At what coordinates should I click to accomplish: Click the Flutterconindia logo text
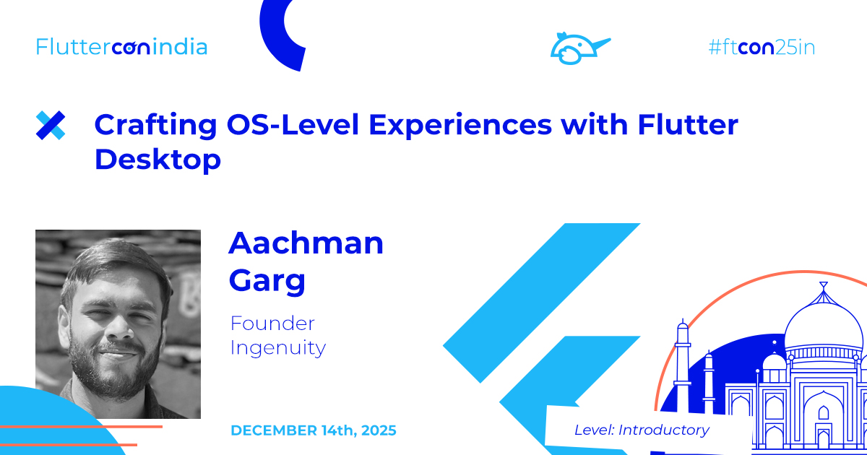point(121,48)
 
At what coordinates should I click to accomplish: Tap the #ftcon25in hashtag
point(762,48)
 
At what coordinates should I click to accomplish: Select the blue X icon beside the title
point(51,126)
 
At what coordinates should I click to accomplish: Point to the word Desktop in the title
point(158,160)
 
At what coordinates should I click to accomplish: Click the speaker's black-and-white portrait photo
point(118,324)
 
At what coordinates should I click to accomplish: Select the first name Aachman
point(306,243)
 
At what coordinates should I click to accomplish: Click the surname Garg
point(267,281)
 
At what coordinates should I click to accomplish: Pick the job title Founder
point(272,323)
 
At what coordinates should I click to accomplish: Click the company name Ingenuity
point(278,348)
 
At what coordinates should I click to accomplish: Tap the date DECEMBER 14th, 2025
point(313,430)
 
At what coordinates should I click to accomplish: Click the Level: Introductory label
point(642,430)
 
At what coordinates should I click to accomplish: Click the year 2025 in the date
point(374,430)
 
